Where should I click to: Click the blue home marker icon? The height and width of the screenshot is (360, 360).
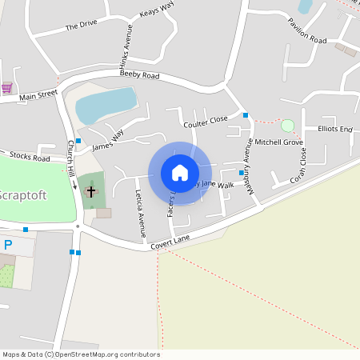180,173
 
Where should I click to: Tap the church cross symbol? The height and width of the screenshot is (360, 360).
90,191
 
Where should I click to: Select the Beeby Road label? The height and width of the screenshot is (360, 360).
140,75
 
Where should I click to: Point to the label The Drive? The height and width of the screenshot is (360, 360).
81,26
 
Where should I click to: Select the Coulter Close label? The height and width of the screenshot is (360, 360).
206,120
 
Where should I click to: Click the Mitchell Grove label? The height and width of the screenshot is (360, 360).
278,142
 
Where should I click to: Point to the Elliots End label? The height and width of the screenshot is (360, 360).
335,129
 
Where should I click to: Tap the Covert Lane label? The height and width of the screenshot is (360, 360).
174,243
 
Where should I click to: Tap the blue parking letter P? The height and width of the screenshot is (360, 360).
7,244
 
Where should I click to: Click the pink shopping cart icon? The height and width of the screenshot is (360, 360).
7,88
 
